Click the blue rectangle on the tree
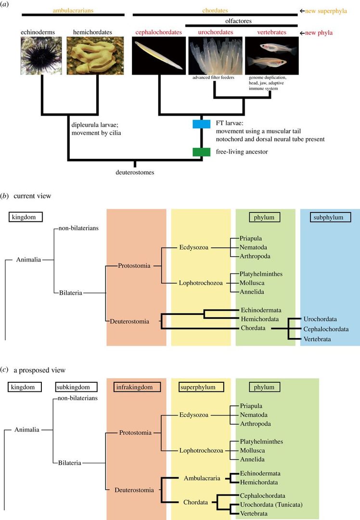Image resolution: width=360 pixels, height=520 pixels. [201, 124]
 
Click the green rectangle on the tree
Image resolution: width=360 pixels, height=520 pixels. [201, 152]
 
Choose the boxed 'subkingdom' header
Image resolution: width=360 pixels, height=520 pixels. [77, 386]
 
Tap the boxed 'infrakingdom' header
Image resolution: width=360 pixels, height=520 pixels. [136, 386]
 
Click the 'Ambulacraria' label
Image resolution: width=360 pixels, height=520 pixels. [202, 478]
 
